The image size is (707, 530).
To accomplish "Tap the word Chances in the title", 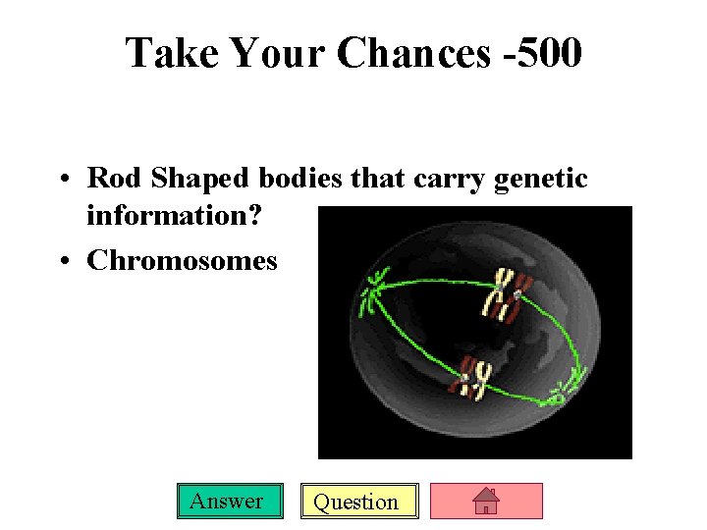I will pyautogui.click(x=413, y=54).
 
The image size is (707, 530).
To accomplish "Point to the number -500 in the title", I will pyautogui.click(x=542, y=54).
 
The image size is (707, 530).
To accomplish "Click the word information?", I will pyautogui.click(x=174, y=214).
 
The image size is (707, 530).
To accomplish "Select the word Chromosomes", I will pyautogui.click(x=182, y=261).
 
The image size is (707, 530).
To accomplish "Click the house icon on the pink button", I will pyautogui.click(x=487, y=502).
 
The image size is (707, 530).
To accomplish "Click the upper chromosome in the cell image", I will pyautogui.click(x=506, y=295).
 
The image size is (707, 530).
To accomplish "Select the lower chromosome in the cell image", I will pyautogui.click(x=470, y=378).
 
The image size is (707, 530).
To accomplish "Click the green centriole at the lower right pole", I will pyautogui.click(x=558, y=397).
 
